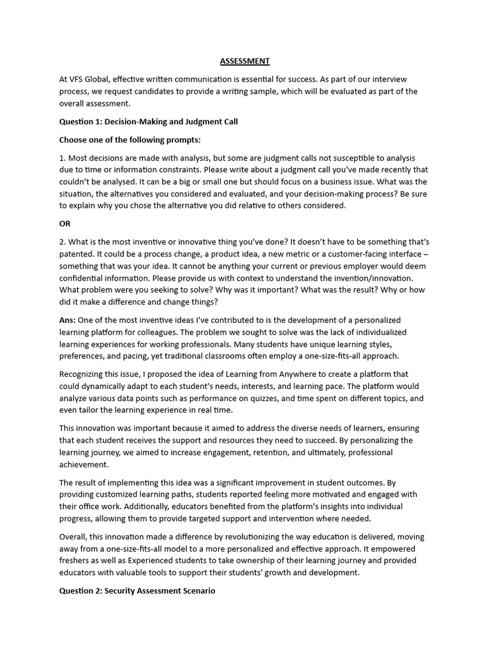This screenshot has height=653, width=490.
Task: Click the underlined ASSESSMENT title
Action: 245,61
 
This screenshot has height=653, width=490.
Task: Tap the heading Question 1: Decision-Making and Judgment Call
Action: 148,121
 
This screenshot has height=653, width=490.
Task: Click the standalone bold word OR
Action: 65,224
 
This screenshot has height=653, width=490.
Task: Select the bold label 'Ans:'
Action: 68,320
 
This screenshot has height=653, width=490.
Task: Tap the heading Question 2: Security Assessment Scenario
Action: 137,591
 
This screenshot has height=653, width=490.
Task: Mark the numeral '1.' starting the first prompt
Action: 63,158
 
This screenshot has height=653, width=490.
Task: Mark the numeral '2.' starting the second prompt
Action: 63,242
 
